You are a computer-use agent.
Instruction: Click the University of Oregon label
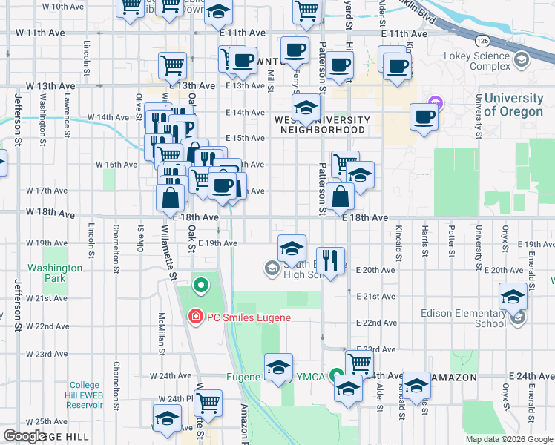pos(513,105)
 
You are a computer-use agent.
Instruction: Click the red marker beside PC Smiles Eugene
pos(195,317)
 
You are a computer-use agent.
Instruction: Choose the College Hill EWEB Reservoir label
pos(85,395)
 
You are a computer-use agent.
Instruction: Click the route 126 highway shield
pos(483,39)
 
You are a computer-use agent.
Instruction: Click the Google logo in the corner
pos(24,436)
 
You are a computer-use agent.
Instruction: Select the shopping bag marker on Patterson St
pos(341,197)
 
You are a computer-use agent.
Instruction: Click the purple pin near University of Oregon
pos(436,105)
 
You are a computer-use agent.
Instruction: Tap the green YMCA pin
pos(336,376)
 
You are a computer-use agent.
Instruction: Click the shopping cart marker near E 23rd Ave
pos(360,363)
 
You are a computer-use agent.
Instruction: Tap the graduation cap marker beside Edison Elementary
pos(512,298)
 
